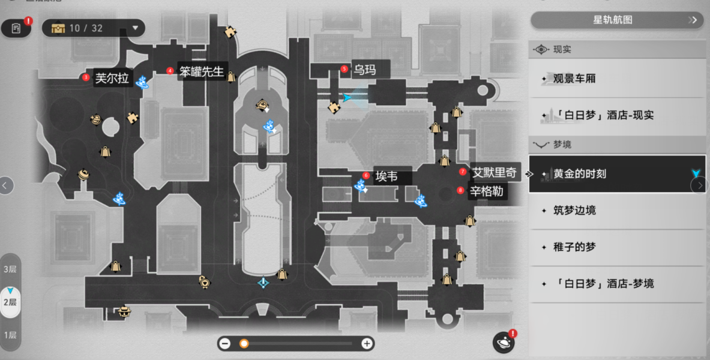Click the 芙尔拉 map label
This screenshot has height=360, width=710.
click(x=112, y=79)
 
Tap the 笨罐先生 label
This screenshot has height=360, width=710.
click(x=202, y=71)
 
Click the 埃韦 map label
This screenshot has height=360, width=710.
click(x=387, y=176)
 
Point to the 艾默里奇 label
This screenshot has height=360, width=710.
click(x=495, y=173)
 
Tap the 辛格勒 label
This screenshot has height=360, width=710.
click(x=486, y=191)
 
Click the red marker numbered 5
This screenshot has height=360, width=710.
click(x=344, y=69)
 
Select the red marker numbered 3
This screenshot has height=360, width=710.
click(x=86, y=77)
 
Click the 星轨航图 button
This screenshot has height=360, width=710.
click(x=617, y=20)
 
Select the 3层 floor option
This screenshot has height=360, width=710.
click(x=10, y=269)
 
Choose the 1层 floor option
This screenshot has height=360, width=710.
click(x=10, y=335)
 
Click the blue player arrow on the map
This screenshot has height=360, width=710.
click(x=347, y=97)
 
